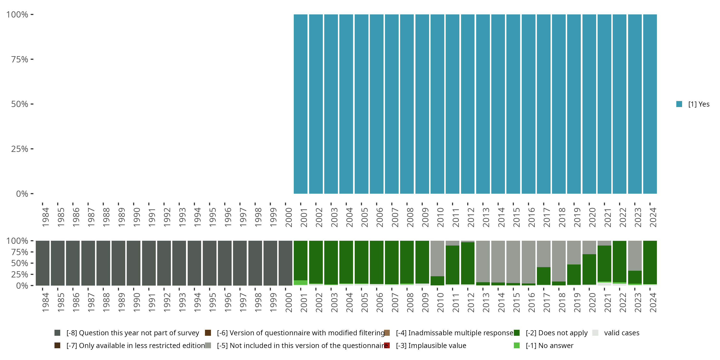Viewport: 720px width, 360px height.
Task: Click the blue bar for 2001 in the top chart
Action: (300, 104)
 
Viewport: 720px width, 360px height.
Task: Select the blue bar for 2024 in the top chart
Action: (650, 104)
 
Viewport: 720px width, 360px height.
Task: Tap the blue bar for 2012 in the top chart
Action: (468, 104)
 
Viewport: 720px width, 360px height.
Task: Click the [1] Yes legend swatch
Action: (679, 104)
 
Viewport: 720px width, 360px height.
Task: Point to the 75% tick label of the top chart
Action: (20, 59)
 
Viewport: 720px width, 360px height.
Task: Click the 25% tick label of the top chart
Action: (20, 149)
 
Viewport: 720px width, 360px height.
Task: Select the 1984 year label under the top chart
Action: (45, 217)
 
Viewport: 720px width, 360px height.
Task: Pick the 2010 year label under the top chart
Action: (440, 217)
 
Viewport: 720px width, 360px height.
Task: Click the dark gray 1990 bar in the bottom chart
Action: (134, 263)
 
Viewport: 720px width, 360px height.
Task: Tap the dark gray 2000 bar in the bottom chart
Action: (285, 263)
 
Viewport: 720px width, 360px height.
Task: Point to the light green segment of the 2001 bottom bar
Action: (300, 282)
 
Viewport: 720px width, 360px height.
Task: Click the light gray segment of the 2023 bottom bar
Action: (635, 255)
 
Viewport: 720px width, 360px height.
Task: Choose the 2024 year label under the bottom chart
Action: (653, 302)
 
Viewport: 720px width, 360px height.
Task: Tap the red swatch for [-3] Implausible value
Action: (387, 345)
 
